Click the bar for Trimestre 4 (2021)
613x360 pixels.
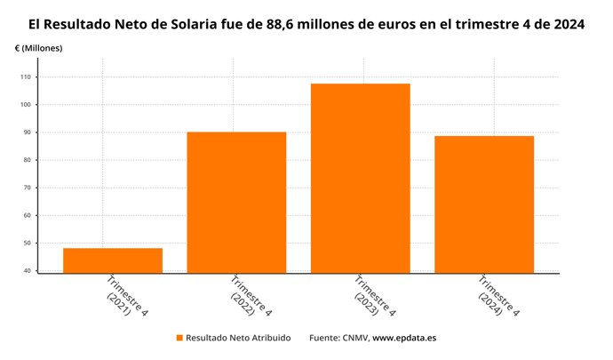[112, 260]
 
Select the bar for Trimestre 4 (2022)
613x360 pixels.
[236, 203]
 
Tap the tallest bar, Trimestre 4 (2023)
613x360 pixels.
[360, 178]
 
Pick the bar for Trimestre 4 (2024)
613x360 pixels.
[484, 204]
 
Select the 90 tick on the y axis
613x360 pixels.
[27, 132]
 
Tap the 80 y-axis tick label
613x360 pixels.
[27, 160]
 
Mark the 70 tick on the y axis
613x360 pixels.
[27, 188]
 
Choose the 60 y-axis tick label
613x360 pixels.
[27, 215]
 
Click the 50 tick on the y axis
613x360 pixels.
[27, 243]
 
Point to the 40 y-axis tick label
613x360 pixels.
[27, 270]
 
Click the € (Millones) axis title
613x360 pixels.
[39, 47]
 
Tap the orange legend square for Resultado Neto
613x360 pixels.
[179, 339]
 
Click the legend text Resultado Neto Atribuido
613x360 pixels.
[237, 339]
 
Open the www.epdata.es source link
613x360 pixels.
[404, 339]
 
